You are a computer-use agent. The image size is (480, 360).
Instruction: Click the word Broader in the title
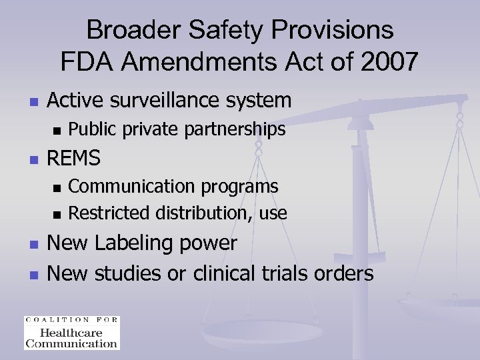coord(127,30)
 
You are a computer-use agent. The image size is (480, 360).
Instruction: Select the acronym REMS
coord(74,158)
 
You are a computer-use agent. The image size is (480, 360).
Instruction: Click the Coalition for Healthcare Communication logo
coord(71,332)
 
